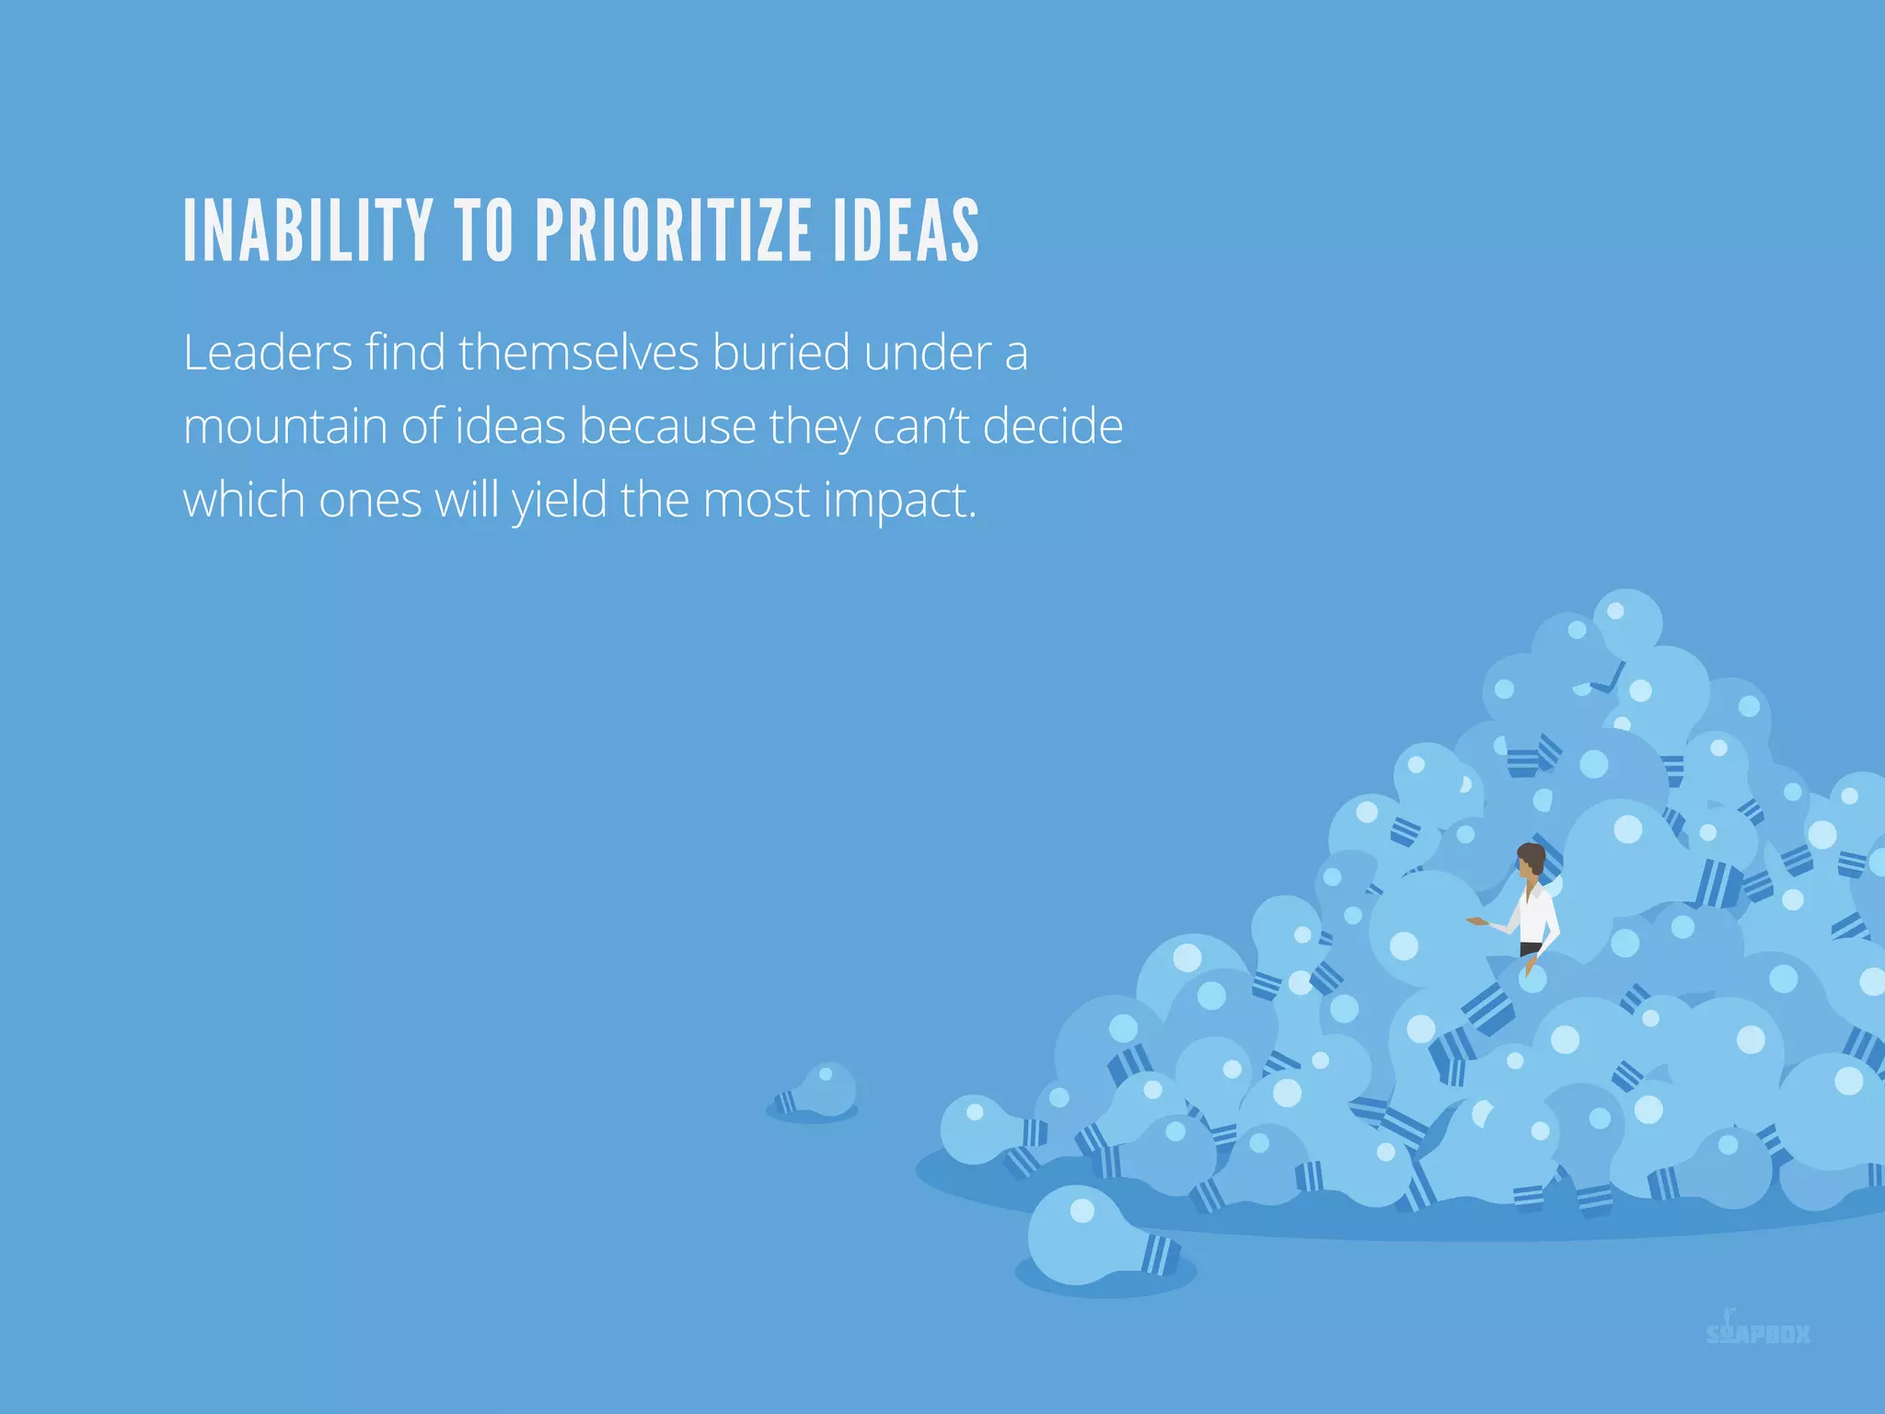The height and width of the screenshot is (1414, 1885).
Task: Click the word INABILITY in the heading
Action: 307,231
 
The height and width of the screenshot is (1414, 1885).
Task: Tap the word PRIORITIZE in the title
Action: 672,231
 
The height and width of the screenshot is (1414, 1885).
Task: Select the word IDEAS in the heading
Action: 907,231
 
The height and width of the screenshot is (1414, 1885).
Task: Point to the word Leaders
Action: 268,353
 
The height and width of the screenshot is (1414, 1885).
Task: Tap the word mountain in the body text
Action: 284,427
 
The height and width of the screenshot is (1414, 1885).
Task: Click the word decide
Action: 1053,427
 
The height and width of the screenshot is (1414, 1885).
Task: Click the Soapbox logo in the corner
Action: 1757,1332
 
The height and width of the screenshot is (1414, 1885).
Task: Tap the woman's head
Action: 1531,861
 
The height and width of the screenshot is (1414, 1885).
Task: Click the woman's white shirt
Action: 1533,916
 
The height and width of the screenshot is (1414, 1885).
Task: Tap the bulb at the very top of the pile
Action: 1627,621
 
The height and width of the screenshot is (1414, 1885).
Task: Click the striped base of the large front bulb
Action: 1161,1255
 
